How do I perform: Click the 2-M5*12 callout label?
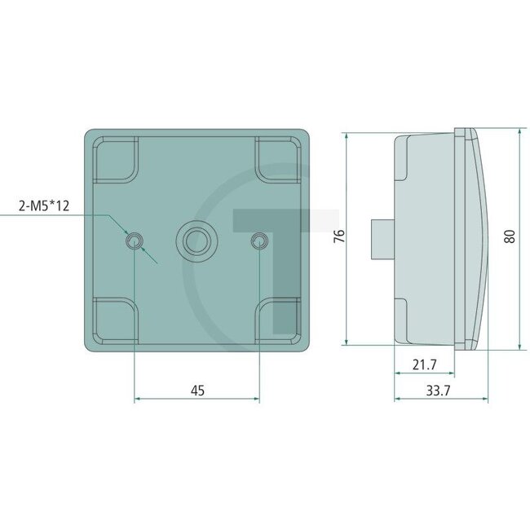(44, 206)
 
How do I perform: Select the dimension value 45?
(197, 391)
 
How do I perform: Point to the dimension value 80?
(510, 236)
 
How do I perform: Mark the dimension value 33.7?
(439, 391)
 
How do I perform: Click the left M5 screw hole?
(133, 240)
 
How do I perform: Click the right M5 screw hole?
(258, 240)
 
